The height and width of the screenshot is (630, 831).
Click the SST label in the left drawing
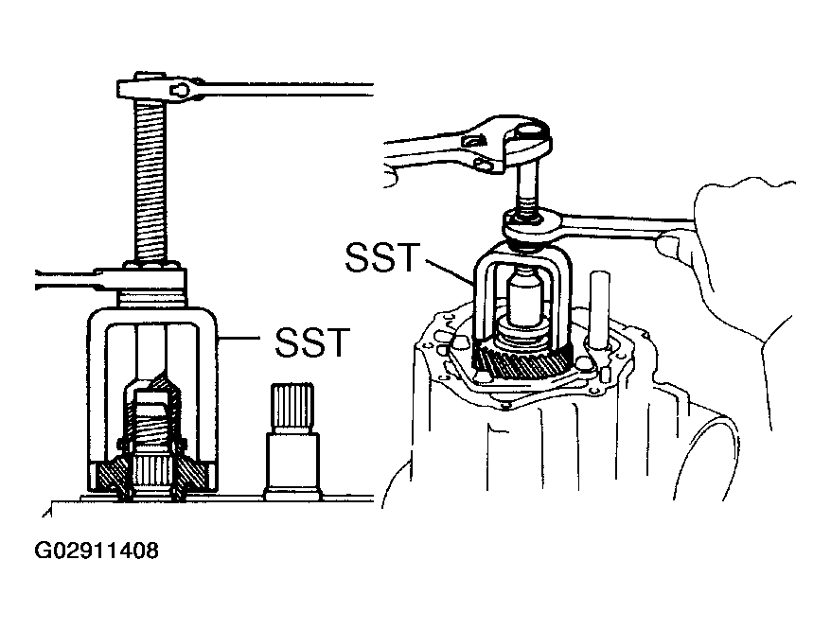point(312,342)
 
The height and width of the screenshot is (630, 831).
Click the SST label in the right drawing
point(382,257)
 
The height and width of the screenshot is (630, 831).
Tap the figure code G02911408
point(96,551)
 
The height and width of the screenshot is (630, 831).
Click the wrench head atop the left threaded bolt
point(159,87)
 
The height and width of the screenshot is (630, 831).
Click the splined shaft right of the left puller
point(292,441)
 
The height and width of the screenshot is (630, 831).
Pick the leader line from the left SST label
point(240,337)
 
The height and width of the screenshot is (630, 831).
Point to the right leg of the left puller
point(208,397)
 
